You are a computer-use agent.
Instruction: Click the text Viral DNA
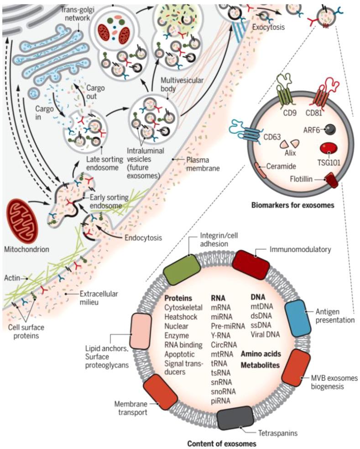point(265,333)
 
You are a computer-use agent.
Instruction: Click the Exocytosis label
point(268,27)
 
